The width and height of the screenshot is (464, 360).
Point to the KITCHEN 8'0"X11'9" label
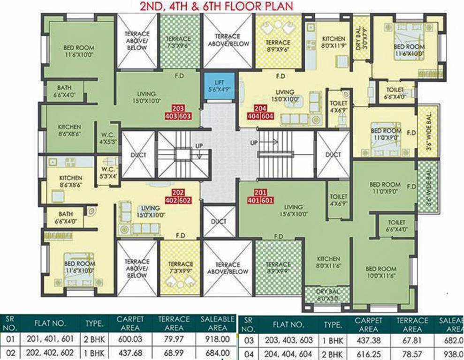(334, 43)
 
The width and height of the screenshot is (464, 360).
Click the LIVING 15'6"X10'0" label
(294, 210)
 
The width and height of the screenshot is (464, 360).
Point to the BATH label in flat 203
(64, 90)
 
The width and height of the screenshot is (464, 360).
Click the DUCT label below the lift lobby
(219, 221)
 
